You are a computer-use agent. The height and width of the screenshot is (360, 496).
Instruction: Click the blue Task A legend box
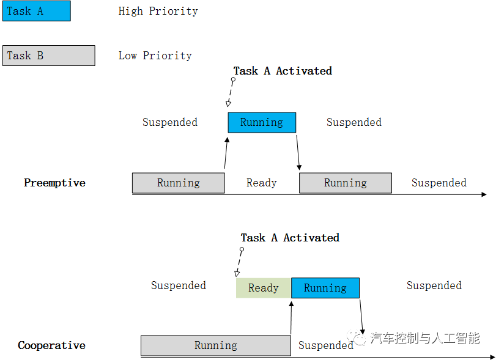(x=37, y=11)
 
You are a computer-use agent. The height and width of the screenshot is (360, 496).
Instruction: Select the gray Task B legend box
(x=49, y=56)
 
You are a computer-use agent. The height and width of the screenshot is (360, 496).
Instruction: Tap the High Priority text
(x=158, y=11)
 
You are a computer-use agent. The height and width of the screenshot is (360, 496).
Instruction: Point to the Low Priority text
(x=155, y=56)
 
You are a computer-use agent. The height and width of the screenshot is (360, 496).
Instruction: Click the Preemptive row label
(x=54, y=183)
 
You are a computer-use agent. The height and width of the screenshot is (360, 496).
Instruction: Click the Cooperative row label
(x=51, y=345)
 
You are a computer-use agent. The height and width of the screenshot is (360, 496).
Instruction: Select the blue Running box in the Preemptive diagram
(x=262, y=122)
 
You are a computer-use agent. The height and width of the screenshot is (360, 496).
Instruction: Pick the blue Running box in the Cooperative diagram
(x=325, y=288)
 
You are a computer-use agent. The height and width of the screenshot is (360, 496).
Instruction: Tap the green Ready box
(x=263, y=288)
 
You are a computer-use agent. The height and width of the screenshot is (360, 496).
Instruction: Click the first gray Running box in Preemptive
(x=178, y=183)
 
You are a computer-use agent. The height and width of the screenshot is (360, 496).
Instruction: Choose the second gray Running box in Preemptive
(x=345, y=183)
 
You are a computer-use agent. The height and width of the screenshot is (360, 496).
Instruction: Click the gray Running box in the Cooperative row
(x=215, y=345)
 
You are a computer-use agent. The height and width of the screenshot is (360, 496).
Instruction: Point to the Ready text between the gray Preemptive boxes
(x=261, y=183)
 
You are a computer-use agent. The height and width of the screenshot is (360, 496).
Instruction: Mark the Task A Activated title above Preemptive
(x=283, y=71)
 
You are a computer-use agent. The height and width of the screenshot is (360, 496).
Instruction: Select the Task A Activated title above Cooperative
(x=290, y=238)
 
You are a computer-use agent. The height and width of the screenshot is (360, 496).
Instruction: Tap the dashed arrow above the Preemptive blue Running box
(x=231, y=94)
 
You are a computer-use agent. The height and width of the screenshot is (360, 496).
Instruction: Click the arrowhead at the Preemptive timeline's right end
(x=483, y=195)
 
